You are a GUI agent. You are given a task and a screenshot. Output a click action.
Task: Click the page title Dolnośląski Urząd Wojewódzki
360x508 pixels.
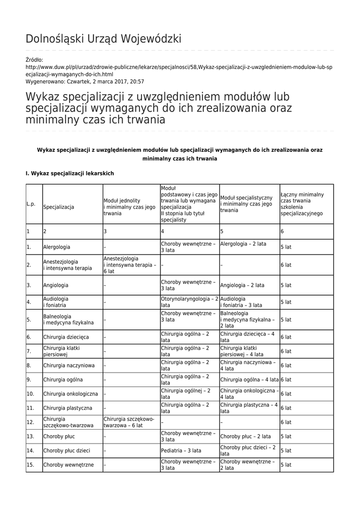[x=103, y=39]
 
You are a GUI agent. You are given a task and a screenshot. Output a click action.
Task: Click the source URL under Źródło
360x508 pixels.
[x=179, y=70]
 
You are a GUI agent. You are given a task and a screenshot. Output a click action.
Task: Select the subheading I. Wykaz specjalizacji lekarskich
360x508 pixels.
[x=70, y=174]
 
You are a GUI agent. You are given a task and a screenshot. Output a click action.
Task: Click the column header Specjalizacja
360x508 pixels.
[x=59, y=206]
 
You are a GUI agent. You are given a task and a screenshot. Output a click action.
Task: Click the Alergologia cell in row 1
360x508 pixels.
[x=57, y=247]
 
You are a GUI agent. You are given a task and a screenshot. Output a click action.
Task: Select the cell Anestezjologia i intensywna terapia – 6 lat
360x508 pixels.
[x=130, y=265]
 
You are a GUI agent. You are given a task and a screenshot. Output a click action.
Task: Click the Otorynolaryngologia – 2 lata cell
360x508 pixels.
[x=189, y=302]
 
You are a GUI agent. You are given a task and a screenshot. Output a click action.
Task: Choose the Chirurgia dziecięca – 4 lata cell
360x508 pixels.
[x=248, y=337]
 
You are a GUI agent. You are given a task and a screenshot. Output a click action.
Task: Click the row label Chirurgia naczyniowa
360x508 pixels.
[x=69, y=366]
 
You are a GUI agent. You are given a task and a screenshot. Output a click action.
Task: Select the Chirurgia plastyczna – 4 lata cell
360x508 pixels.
[x=249, y=408]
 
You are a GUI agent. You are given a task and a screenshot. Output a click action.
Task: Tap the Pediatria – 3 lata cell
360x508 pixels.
[x=181, y=450]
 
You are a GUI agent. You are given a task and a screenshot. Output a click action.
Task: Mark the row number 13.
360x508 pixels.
[x=30, y=437]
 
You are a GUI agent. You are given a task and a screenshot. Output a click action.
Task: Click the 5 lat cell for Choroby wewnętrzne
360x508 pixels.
[x=286, y=465]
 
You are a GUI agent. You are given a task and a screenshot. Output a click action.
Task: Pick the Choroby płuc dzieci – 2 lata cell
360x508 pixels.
[x=248, y=450]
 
